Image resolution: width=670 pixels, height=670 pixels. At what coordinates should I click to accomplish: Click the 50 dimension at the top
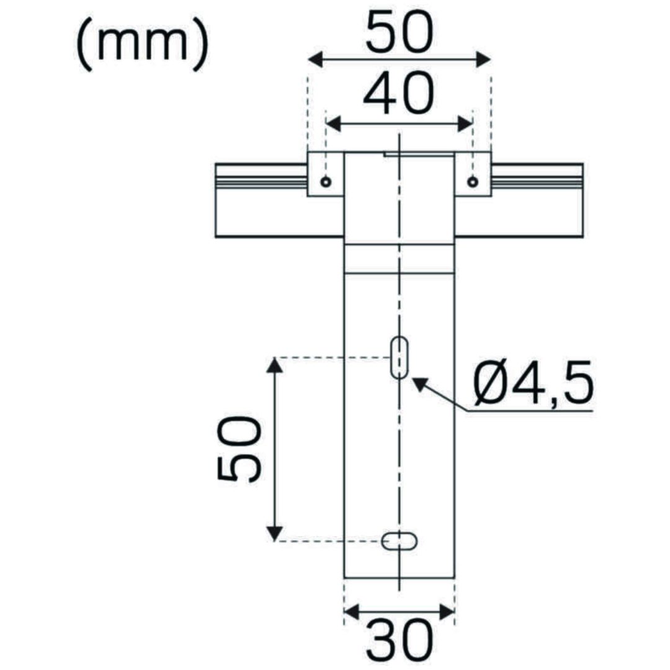point(399,33)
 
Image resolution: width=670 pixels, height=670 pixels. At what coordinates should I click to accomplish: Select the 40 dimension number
point(399,94)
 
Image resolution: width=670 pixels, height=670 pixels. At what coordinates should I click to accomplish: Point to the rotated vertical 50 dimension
point(239,450)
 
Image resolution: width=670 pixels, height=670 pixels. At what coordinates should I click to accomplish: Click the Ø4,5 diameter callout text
point(534,383)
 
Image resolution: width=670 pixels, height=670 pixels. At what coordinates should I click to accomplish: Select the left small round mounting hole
point(326,182)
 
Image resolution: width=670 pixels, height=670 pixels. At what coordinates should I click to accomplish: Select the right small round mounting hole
point(472,182)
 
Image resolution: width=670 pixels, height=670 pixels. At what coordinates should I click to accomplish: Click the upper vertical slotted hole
point(400,357)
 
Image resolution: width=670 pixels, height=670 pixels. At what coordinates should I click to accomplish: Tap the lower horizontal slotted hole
point(399,542)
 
